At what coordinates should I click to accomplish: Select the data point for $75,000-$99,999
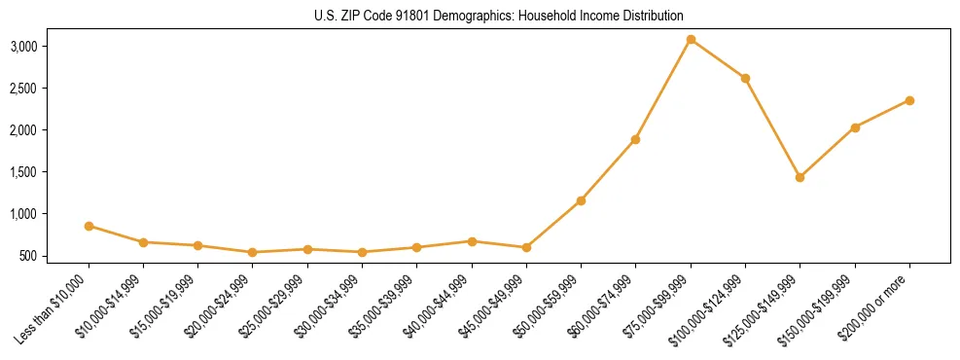click(x=691, y=40)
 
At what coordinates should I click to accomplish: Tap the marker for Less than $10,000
click(x=89, y=226)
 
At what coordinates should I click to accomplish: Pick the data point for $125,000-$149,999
click(x=800, y=177)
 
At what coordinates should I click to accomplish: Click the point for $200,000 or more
click(x=909, y=100)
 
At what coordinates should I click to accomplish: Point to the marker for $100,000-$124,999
click(x=745, y=78)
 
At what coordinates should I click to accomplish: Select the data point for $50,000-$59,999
click(x=581, y=200)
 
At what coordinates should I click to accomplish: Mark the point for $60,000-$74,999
click(x=635, y=139)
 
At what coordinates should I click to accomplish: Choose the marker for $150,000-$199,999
click(x=855, y=127)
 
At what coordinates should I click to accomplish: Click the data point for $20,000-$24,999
click(x=253, y=252)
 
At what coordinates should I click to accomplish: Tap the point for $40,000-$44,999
click(x=472, y=241)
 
